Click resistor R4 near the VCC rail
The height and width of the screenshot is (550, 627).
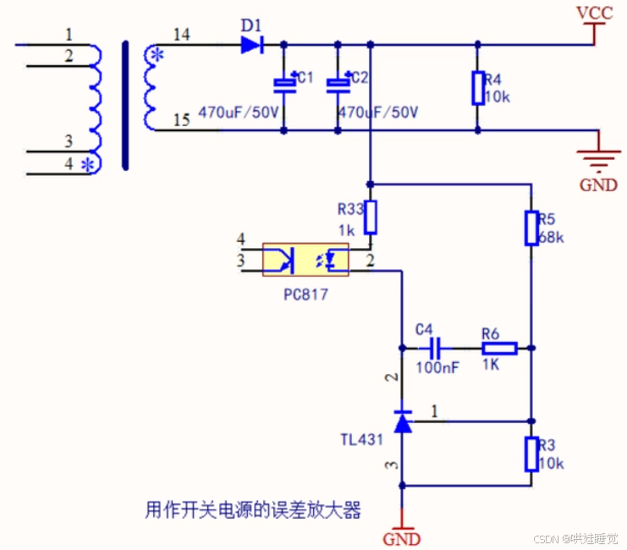478,88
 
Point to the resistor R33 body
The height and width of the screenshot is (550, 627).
370,217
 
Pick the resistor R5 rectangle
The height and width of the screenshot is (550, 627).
531,227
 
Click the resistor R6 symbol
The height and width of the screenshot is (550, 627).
499,348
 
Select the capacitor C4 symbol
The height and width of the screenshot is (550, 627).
437,348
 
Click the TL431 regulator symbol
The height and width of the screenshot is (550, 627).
403,421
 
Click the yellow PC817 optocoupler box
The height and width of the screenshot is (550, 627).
305,259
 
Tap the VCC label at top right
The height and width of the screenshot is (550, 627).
594,14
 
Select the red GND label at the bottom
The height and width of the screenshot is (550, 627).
402,539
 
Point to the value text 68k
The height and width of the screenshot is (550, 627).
550,237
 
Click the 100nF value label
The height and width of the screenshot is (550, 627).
437,368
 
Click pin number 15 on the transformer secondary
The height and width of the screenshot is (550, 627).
181,120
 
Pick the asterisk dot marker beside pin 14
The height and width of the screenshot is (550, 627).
156,56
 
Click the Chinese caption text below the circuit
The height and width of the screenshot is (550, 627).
253,510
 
